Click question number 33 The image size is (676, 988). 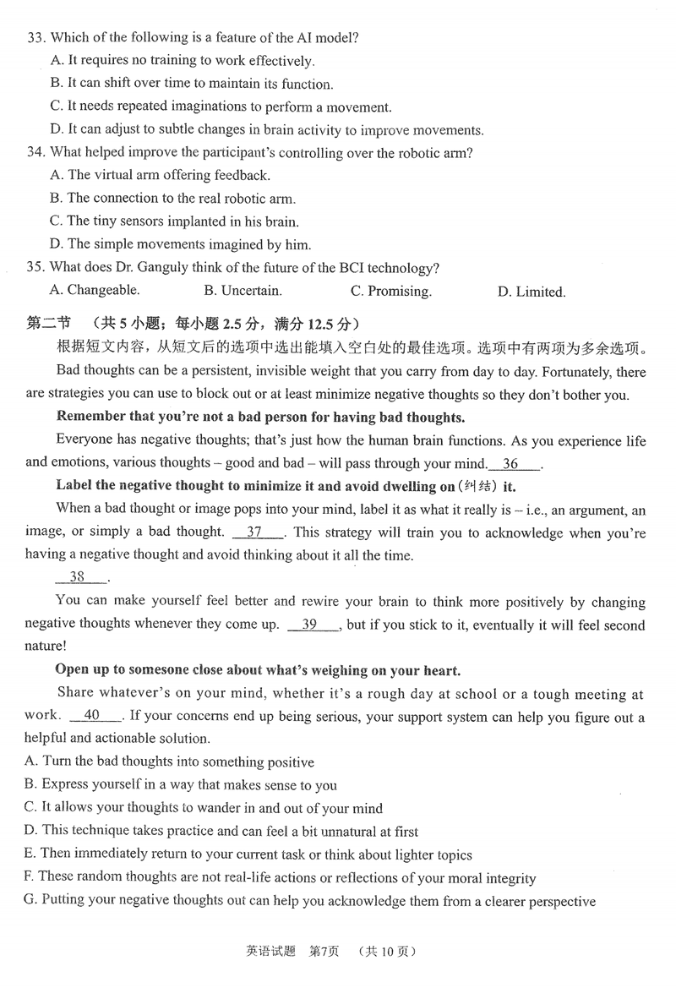(x=36, y=37)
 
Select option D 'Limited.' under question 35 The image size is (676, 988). (x=532, y=292)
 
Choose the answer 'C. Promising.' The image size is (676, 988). (x=390, y=292)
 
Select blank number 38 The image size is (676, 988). (x=79, y=577)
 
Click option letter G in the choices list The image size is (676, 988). (x=30, y=901)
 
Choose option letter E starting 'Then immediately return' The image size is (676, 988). (x=30, y=854)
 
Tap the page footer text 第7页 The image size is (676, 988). (x=324, y=951)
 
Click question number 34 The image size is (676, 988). (x=36, y=153)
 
